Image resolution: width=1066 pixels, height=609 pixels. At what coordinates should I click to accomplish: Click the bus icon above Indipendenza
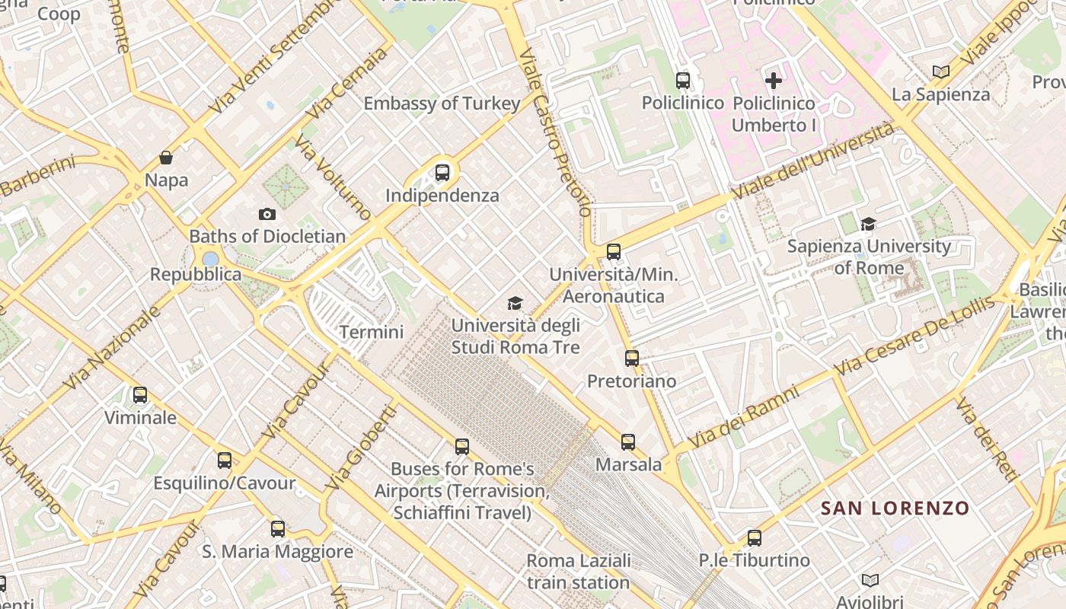pos(442,173)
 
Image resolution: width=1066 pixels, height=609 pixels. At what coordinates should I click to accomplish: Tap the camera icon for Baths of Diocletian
pos(267,214)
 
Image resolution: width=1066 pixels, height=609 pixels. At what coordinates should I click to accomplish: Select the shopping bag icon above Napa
pos(166,158)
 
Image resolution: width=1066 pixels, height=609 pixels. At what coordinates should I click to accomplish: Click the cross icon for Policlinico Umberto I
pos(774,80)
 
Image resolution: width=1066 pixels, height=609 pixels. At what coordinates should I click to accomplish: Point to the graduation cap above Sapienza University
pos(868,224)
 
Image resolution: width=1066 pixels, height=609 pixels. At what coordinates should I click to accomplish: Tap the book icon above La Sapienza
pos(941,72)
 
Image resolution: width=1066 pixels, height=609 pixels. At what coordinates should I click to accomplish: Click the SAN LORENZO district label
pos(895,508)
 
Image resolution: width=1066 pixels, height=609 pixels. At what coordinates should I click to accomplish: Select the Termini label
pos(372,332)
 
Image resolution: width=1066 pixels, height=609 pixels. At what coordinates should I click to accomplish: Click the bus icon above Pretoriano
pos(631,358)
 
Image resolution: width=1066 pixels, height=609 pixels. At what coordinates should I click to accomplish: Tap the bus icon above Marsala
pos(628,442)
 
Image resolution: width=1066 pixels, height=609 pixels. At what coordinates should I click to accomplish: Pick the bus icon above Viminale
pos(140,394)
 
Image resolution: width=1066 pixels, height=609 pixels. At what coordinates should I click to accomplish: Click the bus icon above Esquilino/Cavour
pos(224,460)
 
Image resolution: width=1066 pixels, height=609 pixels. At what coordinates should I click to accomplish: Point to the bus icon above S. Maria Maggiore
pos(278,528)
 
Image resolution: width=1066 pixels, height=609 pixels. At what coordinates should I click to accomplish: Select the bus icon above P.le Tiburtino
pos(754,537)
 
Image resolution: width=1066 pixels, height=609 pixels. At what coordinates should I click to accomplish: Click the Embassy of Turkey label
pos(442,104)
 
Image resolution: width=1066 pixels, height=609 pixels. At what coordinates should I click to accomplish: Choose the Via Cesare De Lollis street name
pos(914,336)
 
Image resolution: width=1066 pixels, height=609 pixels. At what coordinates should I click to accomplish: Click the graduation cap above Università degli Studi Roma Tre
pos(515,303)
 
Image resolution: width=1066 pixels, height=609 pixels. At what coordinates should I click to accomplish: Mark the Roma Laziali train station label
pos(579,572)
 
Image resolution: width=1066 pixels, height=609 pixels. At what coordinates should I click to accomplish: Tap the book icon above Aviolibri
pos(870,580)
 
